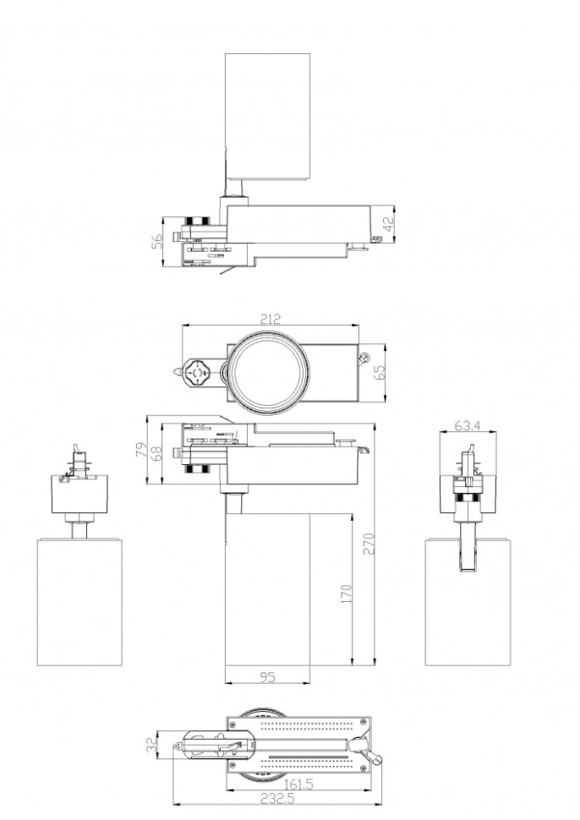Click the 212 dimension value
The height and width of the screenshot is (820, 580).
270,319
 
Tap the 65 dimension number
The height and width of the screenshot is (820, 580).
380,372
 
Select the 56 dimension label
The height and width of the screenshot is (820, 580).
157,241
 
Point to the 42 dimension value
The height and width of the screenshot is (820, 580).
388,225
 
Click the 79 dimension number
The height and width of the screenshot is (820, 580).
141,450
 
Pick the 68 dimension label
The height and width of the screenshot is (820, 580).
156,452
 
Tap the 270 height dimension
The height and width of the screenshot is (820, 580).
369,544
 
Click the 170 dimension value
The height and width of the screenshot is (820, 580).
346,594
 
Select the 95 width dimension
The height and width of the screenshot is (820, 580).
267,677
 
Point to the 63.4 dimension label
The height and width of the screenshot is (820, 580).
467,426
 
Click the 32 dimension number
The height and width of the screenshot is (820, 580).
151,745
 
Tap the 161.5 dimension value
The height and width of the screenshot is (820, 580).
298,785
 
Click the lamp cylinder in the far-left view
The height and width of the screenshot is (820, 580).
79,603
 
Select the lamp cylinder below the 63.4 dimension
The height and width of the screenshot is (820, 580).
468,603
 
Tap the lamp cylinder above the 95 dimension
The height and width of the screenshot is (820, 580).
267,589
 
